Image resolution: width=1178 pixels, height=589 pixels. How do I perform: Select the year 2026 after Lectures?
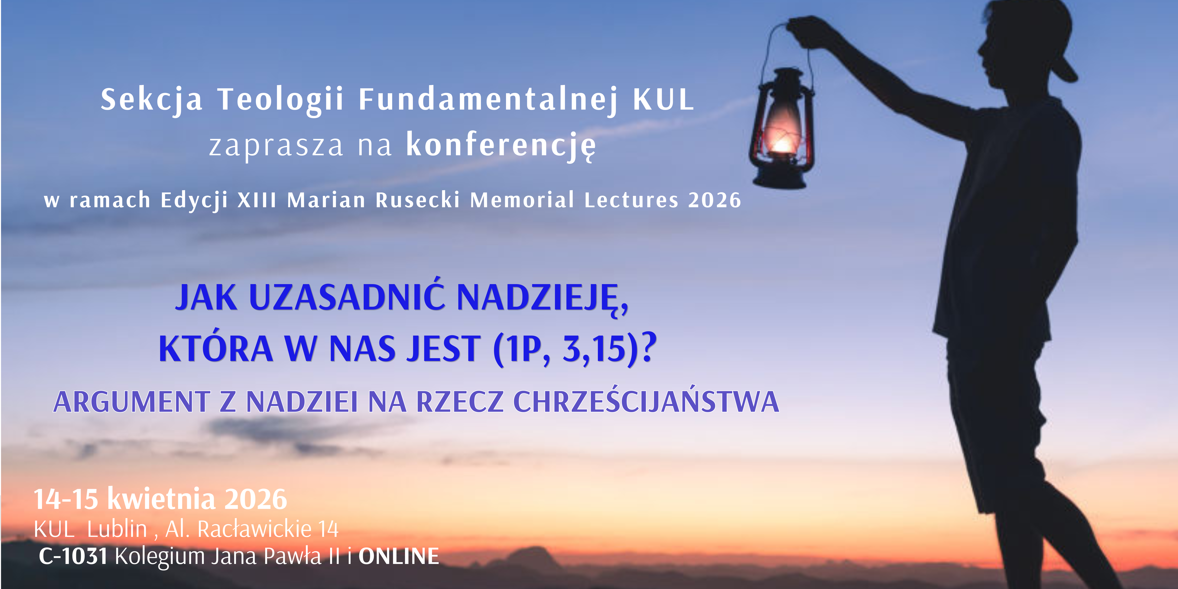click(715, 200)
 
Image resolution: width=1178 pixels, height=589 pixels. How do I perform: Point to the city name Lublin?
click(117, 529)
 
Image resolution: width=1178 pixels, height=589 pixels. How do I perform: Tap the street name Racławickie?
click(255, 529)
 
